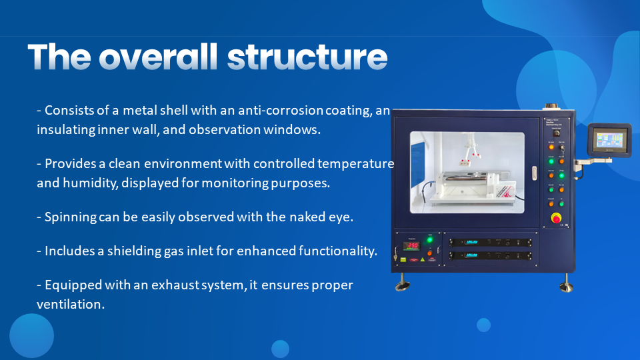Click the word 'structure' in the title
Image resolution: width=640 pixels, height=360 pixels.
(307, 57)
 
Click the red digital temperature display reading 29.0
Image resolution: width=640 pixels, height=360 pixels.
(412, 246)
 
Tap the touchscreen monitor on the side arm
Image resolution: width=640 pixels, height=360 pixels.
(609, 139)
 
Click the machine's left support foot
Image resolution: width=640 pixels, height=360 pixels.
(403, 283)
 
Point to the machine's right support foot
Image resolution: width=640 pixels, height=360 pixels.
(566, 283)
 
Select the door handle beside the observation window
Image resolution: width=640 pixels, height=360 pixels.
(534, 173)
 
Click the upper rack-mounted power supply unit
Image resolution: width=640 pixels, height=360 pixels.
(490, 243)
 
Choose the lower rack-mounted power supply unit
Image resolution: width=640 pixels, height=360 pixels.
(490, 256)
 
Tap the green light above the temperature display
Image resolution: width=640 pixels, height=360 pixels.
(430, 240)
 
